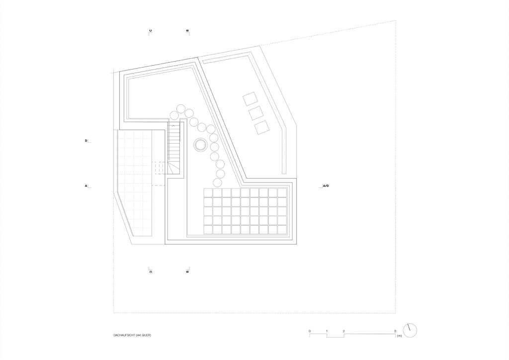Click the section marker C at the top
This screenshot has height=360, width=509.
point(151,31)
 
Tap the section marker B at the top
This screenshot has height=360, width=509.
point(187,31)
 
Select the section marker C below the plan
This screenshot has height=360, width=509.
point(151,271)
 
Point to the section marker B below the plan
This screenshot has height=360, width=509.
point(187,271)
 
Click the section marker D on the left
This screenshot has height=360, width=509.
point(86,141)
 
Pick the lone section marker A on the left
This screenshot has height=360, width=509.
point(86,186)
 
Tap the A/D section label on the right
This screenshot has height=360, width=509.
point(326,186)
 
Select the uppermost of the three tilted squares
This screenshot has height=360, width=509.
point(251,98)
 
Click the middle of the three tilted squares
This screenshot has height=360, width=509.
point(256,113)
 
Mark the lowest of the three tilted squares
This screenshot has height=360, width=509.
point(262,127)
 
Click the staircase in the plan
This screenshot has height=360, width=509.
point(173,149)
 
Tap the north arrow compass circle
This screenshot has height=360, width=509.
point(410,331)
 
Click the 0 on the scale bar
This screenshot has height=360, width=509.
point(310,331)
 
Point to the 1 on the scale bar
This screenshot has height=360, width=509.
point(327,331)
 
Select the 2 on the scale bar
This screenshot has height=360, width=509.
point(344,331)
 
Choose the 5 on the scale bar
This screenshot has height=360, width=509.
point(395,331)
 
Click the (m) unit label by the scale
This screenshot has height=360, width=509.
point(399,336)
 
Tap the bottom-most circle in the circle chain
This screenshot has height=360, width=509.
point(218,182)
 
